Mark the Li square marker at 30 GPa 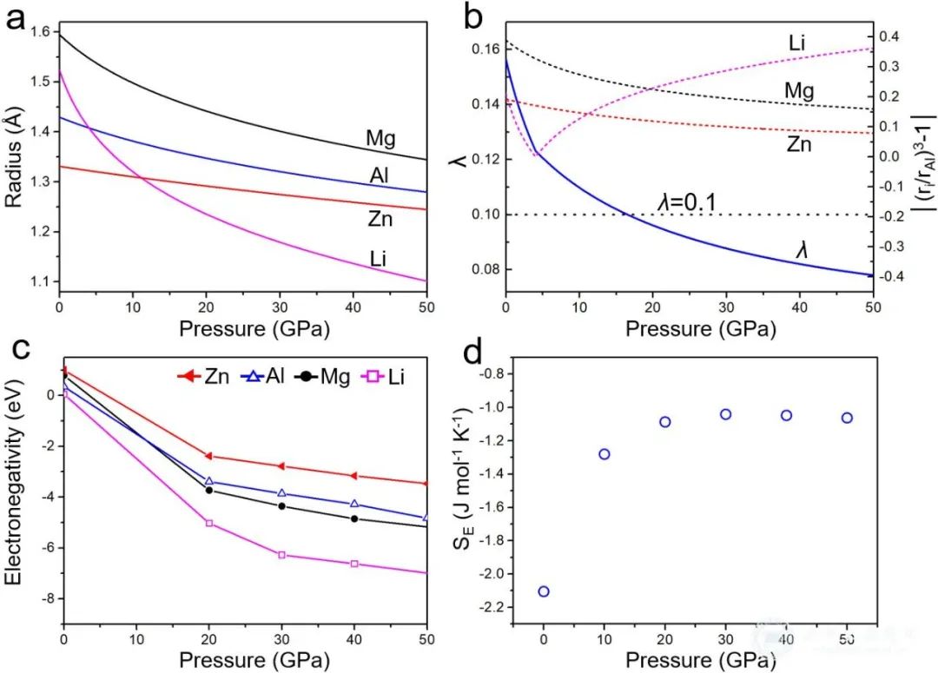coord(281,554)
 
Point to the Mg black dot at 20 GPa coord(208,491)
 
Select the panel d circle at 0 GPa coord(544,591)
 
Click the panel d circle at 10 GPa coord(604,454)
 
